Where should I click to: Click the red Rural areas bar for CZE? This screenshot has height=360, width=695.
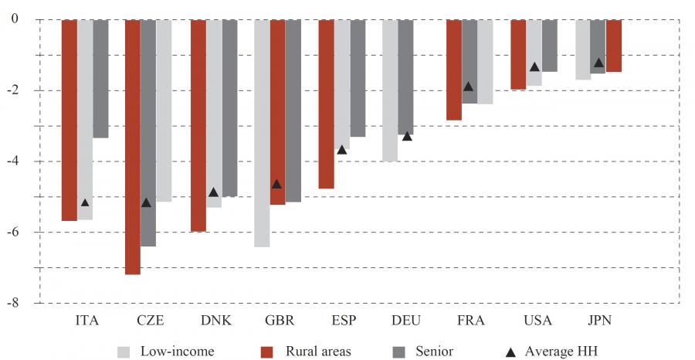click(x=133, y=147)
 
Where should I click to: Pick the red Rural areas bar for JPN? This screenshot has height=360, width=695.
click(x=614, y=46)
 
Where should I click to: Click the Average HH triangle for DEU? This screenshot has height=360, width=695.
click(x=407, y=136)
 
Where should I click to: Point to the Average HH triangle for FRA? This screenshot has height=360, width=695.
click(x=468, y=87)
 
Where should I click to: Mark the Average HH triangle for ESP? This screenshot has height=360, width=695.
click(x=342, y=149)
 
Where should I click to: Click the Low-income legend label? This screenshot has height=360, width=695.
click(x=177, y=351)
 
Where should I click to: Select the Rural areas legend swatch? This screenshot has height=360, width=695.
click(x=267, y=352)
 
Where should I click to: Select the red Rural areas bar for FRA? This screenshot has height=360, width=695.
click(x=454, y=70)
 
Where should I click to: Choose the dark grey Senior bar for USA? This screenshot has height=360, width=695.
click(x=550, y=46)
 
